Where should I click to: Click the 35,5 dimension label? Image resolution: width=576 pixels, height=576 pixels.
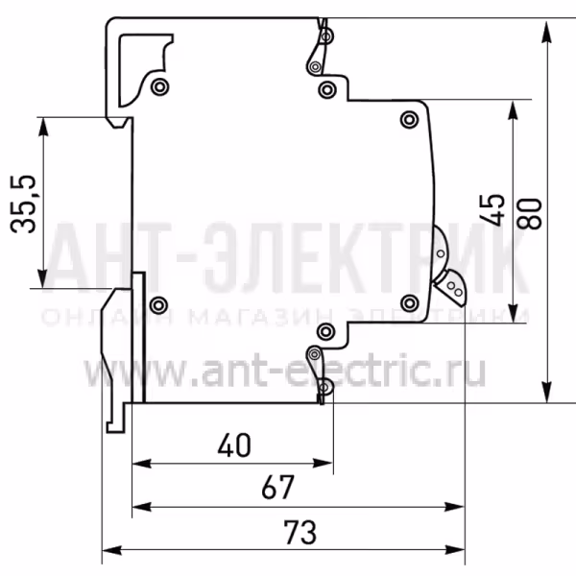coord(23,204)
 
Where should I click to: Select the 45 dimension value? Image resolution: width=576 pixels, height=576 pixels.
coord(492,209)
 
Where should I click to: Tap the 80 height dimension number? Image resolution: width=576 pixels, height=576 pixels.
coord(529,214)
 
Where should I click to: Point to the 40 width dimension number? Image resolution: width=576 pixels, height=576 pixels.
coord(234,445)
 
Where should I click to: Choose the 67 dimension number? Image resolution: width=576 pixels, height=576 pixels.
coord(278,487)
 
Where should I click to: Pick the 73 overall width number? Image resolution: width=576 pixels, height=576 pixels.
coord(300,532)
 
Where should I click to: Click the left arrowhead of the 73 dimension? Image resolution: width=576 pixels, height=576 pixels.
coord(111,550)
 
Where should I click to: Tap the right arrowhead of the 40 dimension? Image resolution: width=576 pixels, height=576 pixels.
coord(323,463)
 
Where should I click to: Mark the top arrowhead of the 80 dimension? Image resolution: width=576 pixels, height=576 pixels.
coord(547,32)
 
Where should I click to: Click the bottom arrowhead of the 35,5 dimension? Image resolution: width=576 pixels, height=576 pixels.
coord(43,278)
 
